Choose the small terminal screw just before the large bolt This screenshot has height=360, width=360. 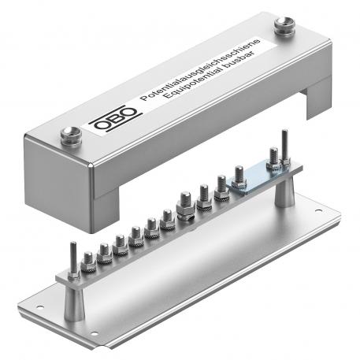pyautogui.click(x=167, y=218)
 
